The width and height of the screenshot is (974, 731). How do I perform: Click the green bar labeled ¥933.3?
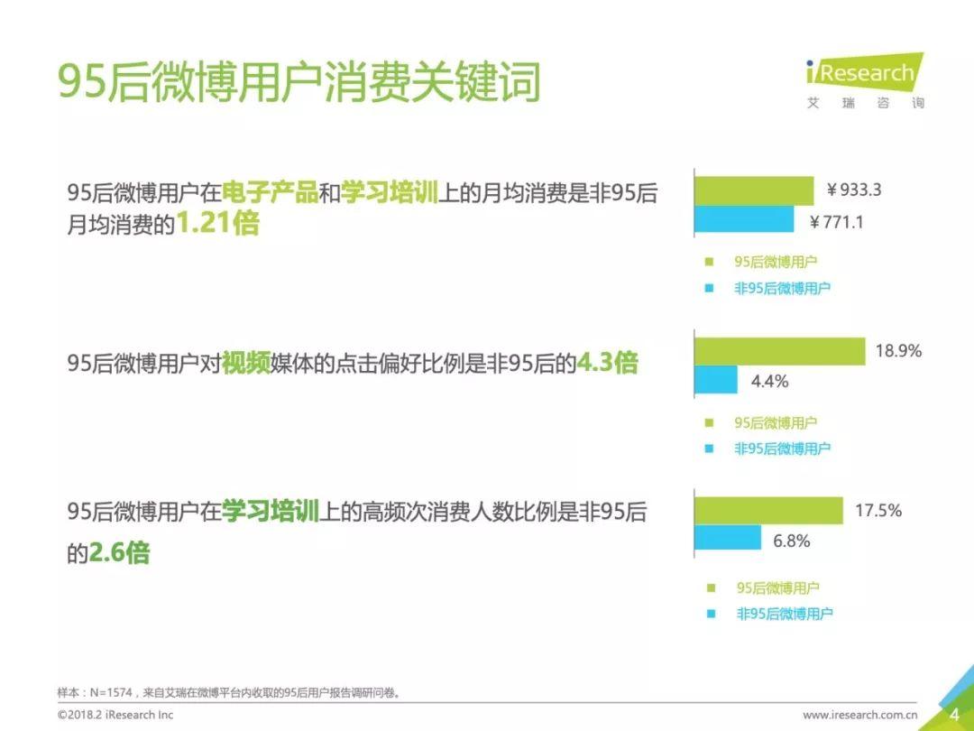(754, 190)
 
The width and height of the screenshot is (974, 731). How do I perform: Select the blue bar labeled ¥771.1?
(744, 218)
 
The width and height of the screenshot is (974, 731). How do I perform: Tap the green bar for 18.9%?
(779, 351)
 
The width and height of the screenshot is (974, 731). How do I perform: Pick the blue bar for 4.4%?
(715, 379)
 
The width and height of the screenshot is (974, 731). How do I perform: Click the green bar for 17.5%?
(768, 510)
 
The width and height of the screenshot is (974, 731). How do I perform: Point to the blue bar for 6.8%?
(728, 538)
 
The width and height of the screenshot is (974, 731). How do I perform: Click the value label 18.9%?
(898, 351)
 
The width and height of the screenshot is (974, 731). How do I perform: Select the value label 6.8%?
(792, 541)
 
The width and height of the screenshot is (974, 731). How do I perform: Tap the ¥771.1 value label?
(836, 222)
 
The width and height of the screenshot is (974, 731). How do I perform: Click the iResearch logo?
(865, 81)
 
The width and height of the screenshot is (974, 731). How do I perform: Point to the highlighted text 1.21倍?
(217, 223)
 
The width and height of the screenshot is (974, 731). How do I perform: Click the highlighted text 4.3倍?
(607, 363)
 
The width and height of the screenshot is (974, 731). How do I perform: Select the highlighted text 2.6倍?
(119, 552)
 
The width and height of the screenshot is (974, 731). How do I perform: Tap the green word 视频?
(246, 363)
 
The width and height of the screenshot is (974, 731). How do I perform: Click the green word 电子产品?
(270, 192)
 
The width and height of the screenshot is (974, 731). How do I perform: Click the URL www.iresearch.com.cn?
(859, 715)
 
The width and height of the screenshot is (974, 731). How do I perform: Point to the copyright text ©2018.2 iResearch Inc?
(115, 715)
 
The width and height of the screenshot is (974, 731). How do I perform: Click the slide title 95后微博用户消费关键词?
(299, 81)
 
